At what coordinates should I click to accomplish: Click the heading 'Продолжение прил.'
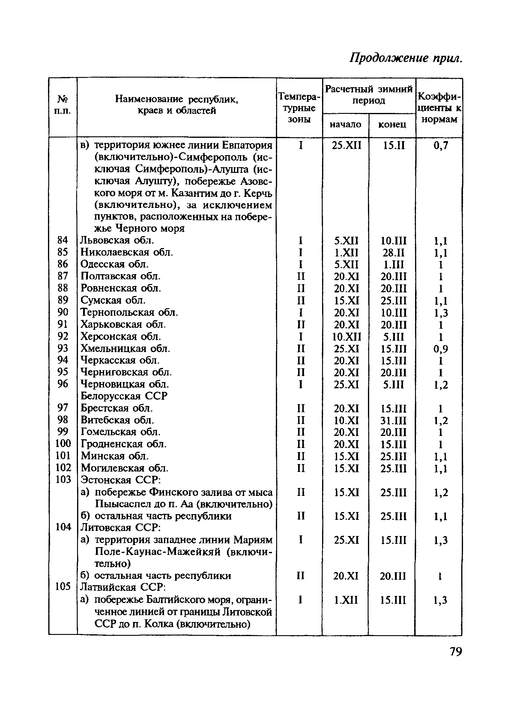(405, 58)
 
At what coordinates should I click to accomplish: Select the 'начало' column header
(345, 125)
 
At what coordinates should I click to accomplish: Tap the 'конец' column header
(392, 125)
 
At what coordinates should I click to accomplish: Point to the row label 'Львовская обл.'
(117, 240)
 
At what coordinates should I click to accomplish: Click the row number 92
(63, 336)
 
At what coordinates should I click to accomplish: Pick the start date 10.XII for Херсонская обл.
(346, 337)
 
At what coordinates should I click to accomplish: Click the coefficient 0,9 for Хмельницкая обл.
(441, 349)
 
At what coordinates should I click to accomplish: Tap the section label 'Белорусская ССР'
(124, 396)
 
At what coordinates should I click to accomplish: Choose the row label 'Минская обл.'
(115, 456)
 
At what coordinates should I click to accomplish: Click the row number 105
(63, 587)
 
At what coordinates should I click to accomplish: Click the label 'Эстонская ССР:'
(120, 480)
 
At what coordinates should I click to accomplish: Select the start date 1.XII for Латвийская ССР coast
(346, 600)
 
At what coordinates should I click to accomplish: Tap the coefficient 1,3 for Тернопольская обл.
(441, 313)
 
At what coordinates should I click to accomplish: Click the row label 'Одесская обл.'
(114, 264)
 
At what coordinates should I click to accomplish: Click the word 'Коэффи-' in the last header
(439, 96)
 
